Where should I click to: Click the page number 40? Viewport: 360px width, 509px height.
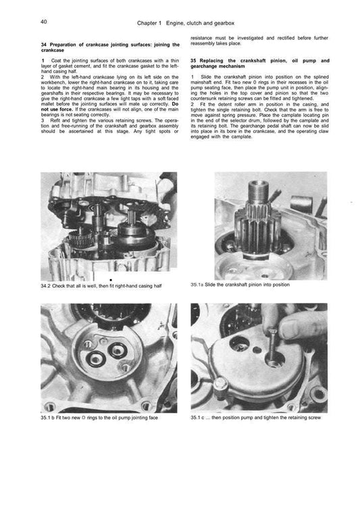(x=43, y=22)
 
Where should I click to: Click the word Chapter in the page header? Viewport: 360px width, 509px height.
(x=149, y=22)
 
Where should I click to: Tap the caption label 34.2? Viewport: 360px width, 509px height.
(x=46, y=287)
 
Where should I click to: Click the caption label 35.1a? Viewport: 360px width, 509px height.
(x=197, y=285)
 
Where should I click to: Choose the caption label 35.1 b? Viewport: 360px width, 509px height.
(x=49, y=418)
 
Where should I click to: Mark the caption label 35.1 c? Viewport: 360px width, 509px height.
(x=199, y=418)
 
